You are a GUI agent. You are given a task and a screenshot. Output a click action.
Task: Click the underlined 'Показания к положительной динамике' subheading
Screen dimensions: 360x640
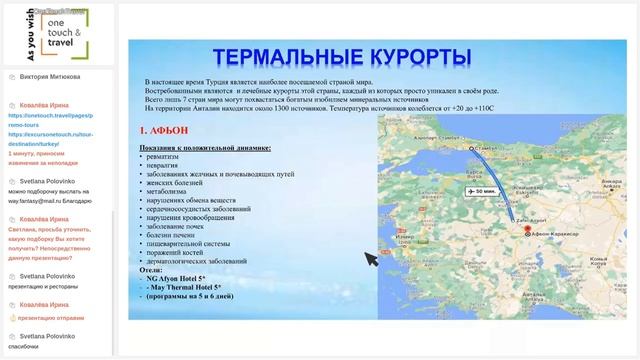pos(205,147)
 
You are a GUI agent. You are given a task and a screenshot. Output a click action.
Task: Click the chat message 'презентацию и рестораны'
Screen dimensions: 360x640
pos(49,286)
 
